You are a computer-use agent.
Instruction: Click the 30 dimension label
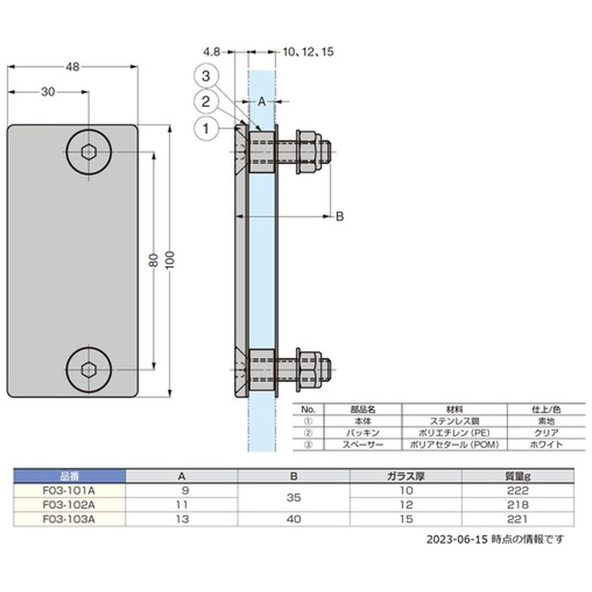tap(48, 92)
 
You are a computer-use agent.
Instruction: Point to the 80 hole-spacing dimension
tap(154, 260)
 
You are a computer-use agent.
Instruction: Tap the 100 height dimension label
tap(170, 259)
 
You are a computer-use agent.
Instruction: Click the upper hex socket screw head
tap(89, 152)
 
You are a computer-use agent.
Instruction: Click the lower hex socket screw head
tap(89, 369)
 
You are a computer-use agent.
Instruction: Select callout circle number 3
tap(206, 76)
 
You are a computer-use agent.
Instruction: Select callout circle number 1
tap(206, 128)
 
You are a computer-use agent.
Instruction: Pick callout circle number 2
tap(206, 102)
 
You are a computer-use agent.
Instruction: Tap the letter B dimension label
tap(340, 217)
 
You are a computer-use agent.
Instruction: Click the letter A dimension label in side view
tap(262, 102)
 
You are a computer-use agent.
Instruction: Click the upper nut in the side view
tap(309, 152)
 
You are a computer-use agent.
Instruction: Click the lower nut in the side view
tap(309, 369)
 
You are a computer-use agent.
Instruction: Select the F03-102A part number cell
tap(69, 505)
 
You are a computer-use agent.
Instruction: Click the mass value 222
tap(517, 490)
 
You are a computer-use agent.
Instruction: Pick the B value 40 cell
tap(294, 519)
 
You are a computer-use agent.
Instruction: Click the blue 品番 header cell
tap(69, 476)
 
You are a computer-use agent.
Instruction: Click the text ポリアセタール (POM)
tap(455, 445)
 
